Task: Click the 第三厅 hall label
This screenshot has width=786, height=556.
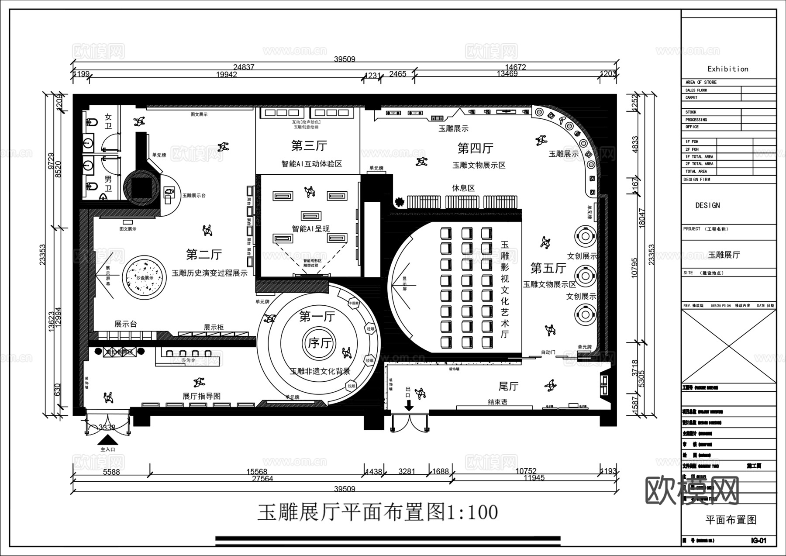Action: coord(309,145)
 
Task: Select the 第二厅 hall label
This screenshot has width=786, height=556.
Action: coord(204,254)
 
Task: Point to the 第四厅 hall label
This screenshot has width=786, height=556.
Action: coord(475,148)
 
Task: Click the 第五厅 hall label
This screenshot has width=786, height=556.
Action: coord(548,268)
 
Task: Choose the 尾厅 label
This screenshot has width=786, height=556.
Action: coord(508,386)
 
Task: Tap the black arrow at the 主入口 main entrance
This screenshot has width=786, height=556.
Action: coord(107,440)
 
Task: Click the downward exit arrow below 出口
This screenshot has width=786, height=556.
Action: coord(409,406)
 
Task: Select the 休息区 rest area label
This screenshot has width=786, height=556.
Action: coord(463,188)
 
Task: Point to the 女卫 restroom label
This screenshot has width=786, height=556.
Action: coord(108,121)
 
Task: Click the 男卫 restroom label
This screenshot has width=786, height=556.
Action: coord(108,184)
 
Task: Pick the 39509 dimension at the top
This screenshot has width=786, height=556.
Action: coord(345,59)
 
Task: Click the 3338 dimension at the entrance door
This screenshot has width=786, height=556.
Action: coord(107,427)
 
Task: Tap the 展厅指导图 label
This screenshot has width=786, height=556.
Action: coord(201,396)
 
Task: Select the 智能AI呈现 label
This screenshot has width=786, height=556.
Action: coord(310,228)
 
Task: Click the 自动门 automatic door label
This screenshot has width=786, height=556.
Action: coord(548,352)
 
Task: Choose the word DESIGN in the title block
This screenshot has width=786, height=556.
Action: coord(707,205)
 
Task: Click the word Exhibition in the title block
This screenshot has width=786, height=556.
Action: coord(727,69)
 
